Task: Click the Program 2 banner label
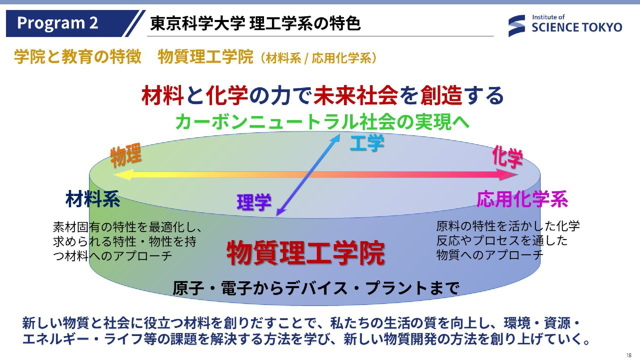pos(57,23)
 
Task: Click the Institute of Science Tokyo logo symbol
pos(516,26)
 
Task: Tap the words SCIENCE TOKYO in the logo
pos(577,27)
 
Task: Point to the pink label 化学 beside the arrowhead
pos(507,156)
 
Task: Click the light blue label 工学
pos(367,143)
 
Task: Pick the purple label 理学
pos(254,202)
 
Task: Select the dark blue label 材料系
pos(93,199)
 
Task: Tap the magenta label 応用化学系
pos(522,199)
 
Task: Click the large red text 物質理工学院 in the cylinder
pos(306,253)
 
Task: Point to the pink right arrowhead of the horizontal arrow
pos(508,174)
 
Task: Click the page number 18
pos(629,355)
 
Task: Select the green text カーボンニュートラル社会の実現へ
pos(322,121)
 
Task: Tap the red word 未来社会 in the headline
pos(356,95)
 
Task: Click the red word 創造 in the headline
pos(441,95)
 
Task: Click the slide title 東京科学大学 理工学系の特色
pos(255,23)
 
